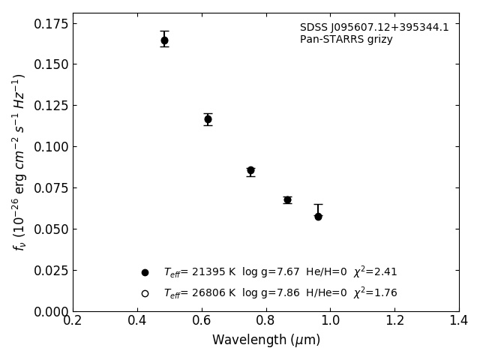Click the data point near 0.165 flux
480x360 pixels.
pyautogui.click(x=164, y=40)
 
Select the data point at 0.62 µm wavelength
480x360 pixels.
pyautogui.click(x=208, y=119)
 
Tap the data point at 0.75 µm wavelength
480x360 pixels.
pyautogui.click(x=250, y=170)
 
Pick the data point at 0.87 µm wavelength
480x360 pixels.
pyautogui.click(x=287, y=199)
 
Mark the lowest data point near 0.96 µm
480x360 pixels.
pyautogui.click(x=318, y=216)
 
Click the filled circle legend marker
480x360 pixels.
pyautogui.click(x=145, y=272)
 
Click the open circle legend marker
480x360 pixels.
pyautogui.click(x=145, y=293)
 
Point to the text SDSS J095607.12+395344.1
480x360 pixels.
pyautogui.click(x=374, y=28)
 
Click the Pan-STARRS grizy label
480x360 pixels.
pyautogui.click(x=346, y=40)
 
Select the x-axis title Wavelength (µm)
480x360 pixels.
pyautogui.click(x=265, y=340)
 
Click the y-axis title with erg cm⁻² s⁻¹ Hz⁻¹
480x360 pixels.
pyautogui.click(x=19, y=161)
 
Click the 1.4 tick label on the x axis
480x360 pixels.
pyautogui.click(x=459, y=321)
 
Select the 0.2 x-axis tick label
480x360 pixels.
pyautogui.click(x=73, y=321)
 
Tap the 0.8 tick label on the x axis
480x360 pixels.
pyautogui.click(x=265, y=321)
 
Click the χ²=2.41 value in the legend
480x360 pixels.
pyautogui.click(x=375, y=271)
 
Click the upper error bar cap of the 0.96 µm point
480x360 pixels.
pyautogui.click(x=318, y=204)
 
